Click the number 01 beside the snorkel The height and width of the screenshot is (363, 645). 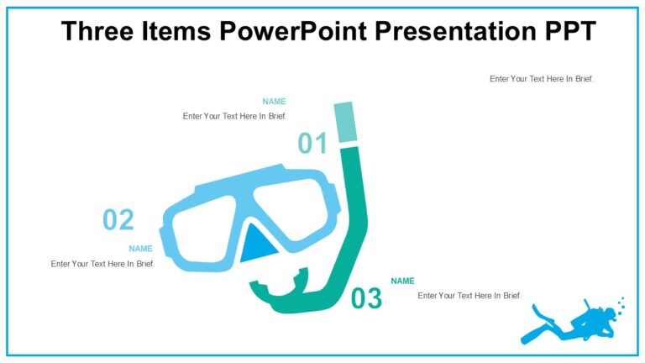pyautogui.click(x=312, y=144)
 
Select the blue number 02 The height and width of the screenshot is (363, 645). pyautogui.click(x=118, y=220)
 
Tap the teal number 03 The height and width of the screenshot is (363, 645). pyautogui.click(x=366, y=298)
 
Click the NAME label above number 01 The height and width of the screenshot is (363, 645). pyautogui.click(x=274, y=102)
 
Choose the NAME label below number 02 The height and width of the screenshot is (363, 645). pyautogui.click(x=140, y=249)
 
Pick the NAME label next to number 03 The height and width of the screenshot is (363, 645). pyautogui.click(x=402, y=281)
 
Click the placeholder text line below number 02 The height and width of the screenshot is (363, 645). pyautogui.click(x=102, y=264)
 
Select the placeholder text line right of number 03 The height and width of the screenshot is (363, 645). pyautogui.click(x=469, y=296)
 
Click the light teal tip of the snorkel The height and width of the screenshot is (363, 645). pyautogui.click(x=344, y=122)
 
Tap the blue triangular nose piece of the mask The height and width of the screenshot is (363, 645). pyautogui.click(x=255, y=246)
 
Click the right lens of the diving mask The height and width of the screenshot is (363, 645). pyautogui.click(x=294, y=208)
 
